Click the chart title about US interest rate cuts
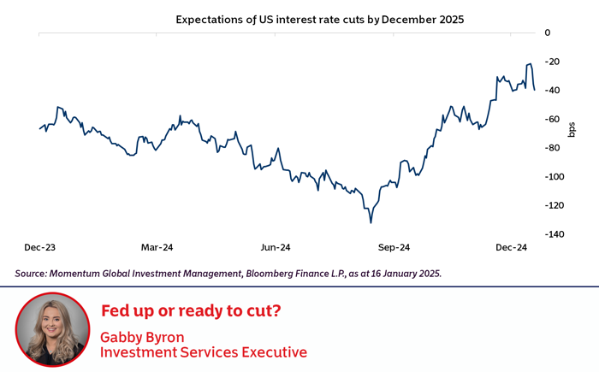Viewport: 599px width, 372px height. [319, 19]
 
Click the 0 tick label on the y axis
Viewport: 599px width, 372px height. [548, 32]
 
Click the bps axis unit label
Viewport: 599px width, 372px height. [572, 129]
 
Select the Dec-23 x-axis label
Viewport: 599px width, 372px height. [40, 248]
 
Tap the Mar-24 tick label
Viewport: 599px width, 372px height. [157, 248]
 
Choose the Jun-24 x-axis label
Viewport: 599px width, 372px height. [276, 248]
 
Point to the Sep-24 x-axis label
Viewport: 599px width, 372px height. [394, 248]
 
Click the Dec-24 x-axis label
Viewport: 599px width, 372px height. [512, 248]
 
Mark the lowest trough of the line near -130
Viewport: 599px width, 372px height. [371, 222]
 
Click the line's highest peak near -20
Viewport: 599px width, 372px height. [531, 64]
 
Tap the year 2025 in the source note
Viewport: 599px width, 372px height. [426, 274]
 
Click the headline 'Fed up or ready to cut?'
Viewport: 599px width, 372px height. [191, 310]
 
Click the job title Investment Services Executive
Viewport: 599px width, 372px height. [204, 351]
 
